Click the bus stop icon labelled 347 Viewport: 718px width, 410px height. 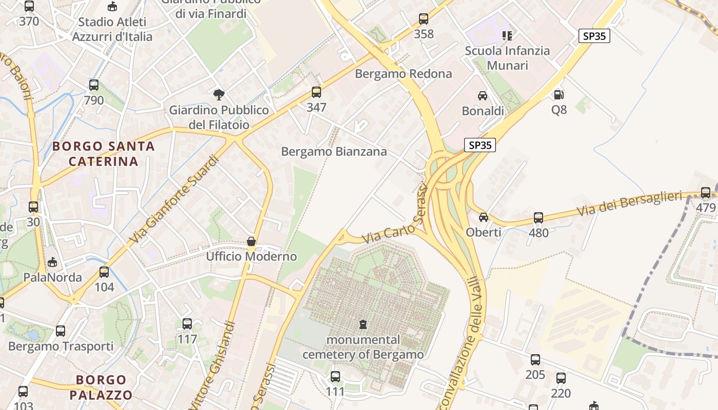[x=316, y=92]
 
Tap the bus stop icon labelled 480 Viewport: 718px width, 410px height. [x=538, y=218]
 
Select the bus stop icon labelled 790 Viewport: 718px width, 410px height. [x=94, y=85]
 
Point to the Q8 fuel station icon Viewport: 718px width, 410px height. [x=559, y=95]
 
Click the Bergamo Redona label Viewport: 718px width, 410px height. [x=404, y=74]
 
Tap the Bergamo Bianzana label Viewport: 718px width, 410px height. [x=334, y=152]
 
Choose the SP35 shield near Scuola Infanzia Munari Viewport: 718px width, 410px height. [x=594, y=36]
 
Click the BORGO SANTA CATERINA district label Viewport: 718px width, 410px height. [x=104, y=154]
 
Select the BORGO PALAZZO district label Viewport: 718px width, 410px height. [x=101, y=387]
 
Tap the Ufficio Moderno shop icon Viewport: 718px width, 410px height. [x=251, y=241]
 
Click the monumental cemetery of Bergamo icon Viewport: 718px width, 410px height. [x=363, y=324]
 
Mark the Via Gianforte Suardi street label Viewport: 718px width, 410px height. [x=175, y=200]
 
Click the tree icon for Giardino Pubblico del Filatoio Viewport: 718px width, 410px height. [x=219, y=95]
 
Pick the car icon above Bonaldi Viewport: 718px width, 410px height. [x=483, y=96]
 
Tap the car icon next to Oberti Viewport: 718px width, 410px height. [x=484, y=217]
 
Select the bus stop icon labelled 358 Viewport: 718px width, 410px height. [x=424, y=19]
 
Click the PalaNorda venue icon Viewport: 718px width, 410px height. [x=52, y=262]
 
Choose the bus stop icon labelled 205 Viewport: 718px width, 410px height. [x=535, y=360]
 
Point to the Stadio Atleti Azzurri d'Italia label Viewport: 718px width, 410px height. [x=112, y=29]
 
